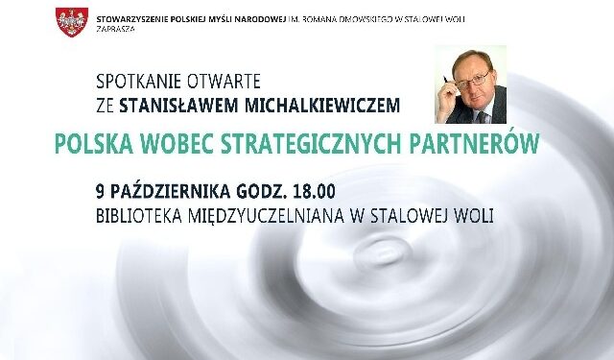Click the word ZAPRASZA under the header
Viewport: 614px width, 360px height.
pyautogui.click(x=116, y=30)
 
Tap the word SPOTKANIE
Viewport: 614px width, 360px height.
pyautogui.click(x=138, y=80)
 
